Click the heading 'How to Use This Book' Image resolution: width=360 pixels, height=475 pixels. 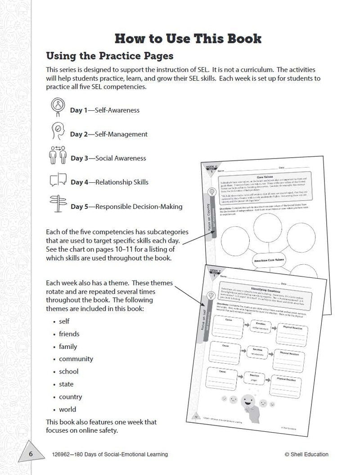click(188, 38)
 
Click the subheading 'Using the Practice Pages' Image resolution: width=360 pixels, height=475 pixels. click(110, 56)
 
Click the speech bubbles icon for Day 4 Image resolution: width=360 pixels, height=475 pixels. click(58, 181)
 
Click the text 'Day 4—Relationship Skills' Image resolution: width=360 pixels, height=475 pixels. click(109, 182)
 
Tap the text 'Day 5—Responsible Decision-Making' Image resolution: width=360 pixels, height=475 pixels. click(126, 207)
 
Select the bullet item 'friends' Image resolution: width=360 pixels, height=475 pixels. click(69, 334)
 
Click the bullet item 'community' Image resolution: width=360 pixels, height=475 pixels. click(76, 359)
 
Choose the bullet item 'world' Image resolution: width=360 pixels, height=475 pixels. click(67, 409)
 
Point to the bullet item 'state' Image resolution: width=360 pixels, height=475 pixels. click(66, 384)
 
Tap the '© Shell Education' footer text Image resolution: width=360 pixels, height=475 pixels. click(306, 454)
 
